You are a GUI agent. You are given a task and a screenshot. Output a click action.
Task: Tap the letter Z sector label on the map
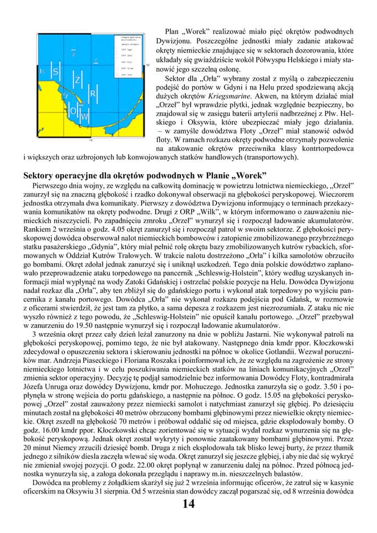click(x=78, y=80)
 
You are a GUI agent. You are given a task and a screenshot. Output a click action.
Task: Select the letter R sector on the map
click(x=93, y=93)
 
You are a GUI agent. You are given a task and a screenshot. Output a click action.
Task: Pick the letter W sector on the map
click(x=84, y=116)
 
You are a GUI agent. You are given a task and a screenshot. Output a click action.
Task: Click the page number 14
click(x=188, y=503)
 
